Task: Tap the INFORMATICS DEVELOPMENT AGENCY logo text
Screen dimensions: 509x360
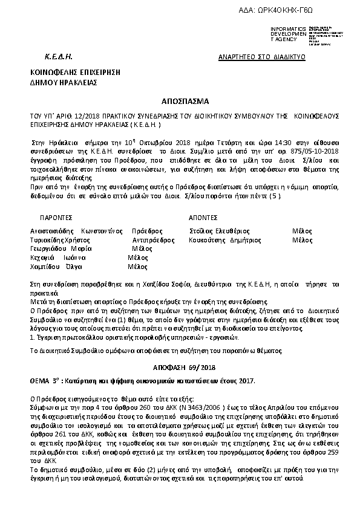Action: click(x=289, y=34)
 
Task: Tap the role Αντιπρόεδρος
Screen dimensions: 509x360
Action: click(x=149, y=240)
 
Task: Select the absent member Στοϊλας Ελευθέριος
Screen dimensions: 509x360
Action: click(x=219, y=231)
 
